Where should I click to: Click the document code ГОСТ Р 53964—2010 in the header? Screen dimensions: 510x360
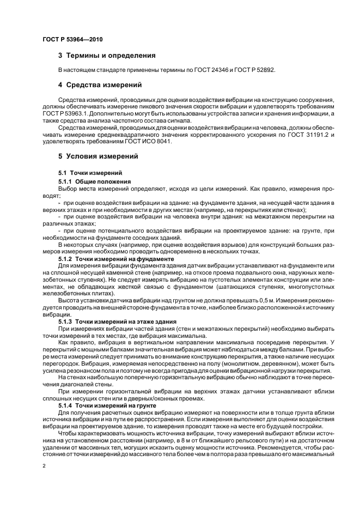(72, 40)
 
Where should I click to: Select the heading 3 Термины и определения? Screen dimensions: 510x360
(107, 56)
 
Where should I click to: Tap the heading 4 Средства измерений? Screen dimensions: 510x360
(100, 85)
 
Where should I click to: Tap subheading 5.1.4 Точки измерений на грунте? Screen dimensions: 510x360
(107, 406)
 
